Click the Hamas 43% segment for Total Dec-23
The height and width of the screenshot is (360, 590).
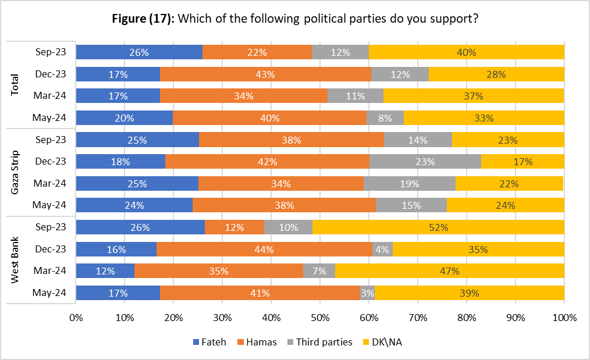(x=265, y=74)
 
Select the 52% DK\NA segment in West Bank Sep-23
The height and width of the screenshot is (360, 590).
(x=438, y=227)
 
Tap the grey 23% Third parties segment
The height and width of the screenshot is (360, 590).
(x=425, y=162)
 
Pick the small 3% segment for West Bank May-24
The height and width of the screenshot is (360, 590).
(x=367, y=293)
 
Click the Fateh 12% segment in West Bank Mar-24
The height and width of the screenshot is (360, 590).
(x=105, y=271)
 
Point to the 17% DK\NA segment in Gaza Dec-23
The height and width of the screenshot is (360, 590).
(x=523, y=162)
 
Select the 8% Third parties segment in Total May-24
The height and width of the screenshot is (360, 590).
(x=385, y=118)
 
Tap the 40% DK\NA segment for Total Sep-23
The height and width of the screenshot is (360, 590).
(x=466, y=52)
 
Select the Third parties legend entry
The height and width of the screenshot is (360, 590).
(x=321, y=342)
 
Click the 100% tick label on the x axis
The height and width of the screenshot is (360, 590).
(x=564, y=318)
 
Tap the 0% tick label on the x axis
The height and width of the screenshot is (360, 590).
(x=76, y=318)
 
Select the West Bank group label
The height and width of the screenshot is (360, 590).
(x=16, y=260)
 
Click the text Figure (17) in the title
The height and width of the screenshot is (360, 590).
(x=143, y=18)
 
